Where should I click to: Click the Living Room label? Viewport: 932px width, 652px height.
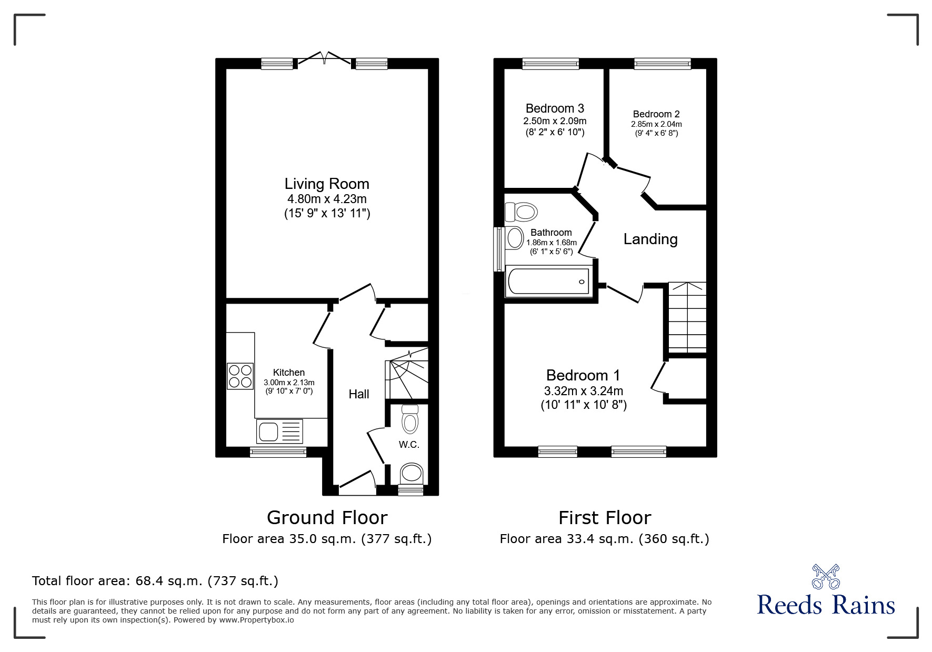(x=327, y=184)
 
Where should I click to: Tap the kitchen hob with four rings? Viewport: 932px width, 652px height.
(x=240, y=376)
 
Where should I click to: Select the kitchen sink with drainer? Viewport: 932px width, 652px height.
(x=279, y=431)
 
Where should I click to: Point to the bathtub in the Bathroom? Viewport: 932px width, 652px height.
(x=548, y=282)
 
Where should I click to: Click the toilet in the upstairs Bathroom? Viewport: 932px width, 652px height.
(x=522, y=212)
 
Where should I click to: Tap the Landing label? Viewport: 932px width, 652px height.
(x=650, y=239)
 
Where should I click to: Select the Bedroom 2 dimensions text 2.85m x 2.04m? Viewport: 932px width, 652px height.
(x=656, y=124)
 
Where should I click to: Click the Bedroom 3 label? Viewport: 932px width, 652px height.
(x=555, y=108)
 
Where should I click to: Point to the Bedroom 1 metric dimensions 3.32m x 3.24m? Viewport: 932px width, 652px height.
(x=583, y=391)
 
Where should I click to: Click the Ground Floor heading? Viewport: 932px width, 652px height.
(x=327, y=518)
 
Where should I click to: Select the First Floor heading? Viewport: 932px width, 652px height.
(x=605, y=518)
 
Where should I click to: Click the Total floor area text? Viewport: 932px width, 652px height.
(x=155, y=581)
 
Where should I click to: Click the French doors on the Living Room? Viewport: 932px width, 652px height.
(x=325, y=59)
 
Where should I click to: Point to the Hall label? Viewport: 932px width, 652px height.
(x=358, y=394)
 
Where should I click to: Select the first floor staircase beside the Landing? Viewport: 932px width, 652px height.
(x=687, y=318)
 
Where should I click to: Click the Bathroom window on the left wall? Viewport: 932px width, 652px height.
(x=498, y=249)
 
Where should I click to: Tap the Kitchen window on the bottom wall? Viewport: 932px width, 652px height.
(x=278, y=452)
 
